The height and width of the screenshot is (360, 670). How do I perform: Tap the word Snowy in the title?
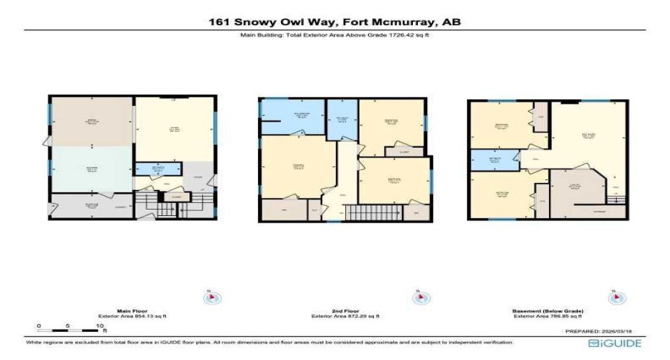(x=260, y=22)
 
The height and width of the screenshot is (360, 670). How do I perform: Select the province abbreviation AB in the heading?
(x=451, y=22)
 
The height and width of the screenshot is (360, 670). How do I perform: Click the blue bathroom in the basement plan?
(x=493, y=160)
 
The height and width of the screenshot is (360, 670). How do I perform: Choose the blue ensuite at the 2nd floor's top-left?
(x=291, y=117)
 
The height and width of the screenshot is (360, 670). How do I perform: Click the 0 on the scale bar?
(x=38, y=326)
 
